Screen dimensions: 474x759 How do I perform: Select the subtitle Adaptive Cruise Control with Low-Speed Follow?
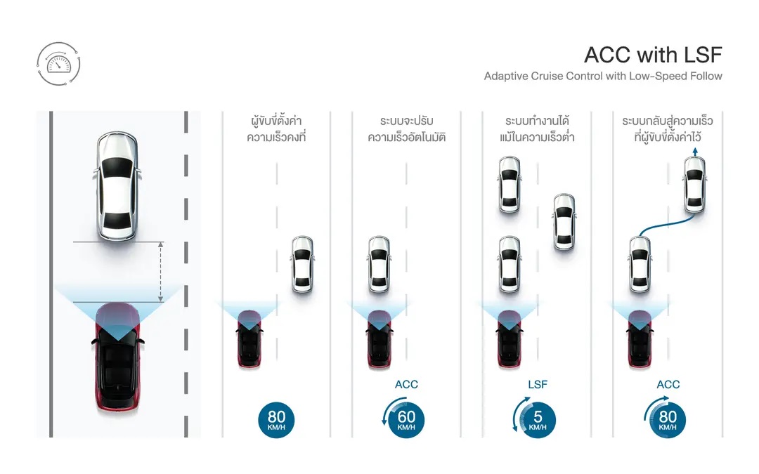(603, 76)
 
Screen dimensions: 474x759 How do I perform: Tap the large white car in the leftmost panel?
(116, 186)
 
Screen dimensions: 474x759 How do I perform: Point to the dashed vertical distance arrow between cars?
(161, 272)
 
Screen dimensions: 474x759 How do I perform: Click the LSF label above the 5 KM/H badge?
(537, 384)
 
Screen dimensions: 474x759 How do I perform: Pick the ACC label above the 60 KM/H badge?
(406, 384)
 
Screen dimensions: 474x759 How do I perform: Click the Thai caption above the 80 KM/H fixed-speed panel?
(276, 129)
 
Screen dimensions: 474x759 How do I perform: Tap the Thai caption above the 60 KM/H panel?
(406, 129)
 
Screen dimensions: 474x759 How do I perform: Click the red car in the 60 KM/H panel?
(379, 338)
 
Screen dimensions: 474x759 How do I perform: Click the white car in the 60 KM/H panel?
(379, 264)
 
